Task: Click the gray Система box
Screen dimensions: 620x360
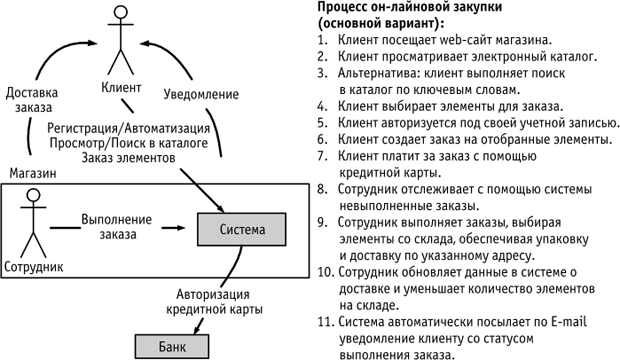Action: (x=242, y=229)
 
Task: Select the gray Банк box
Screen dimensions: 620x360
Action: (x=172, y=347)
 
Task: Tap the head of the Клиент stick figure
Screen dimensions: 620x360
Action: (x=121, y=11)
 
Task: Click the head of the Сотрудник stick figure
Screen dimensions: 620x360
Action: (x=33, y=195)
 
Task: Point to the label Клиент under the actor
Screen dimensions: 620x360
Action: (x=121, y=87)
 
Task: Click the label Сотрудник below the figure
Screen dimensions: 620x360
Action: (x=34, y=267)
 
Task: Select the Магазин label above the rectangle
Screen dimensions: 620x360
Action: (x=33, y=173)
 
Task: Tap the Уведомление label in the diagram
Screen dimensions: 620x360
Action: (x=201, y=94)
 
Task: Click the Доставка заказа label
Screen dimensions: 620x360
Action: (x=32, y=100)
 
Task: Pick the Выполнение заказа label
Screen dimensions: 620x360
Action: (x=117, y=227)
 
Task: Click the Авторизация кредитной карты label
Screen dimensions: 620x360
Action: (x=214, y=301)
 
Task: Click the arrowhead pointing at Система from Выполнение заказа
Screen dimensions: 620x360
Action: (x=181, y=227)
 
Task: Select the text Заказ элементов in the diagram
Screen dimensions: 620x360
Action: (x=129, y=158)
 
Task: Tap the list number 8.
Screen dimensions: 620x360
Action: (x=322, y=189)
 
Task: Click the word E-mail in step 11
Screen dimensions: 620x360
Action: (x=569, y=322)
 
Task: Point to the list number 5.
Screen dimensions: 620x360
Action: (x=322, y=123)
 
